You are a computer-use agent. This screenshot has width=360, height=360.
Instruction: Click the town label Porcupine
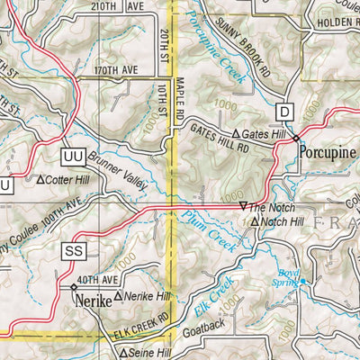[x=329, y=152]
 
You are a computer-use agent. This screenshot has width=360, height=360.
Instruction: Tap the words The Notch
[x=275, y=208]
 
